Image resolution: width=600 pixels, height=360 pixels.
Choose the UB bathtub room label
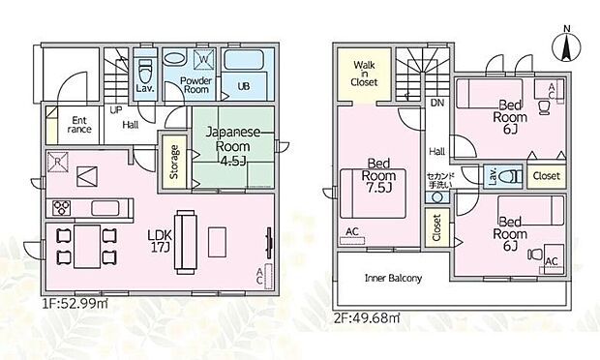[243, 86]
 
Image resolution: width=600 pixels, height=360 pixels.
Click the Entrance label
[79, 126]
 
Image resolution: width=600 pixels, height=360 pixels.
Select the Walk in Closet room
[364, 74]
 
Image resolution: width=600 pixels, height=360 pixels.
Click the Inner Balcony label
[393, 279]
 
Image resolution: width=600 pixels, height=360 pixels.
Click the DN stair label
[436, 102]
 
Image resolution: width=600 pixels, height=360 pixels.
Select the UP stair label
[115, 111]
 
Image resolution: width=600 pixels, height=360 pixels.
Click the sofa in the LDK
[184, 235]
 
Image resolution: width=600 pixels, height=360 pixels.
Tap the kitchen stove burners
[61, 206]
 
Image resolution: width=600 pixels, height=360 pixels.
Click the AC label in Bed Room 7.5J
[351, 230]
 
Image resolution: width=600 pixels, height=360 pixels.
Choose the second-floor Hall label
[436, 151]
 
